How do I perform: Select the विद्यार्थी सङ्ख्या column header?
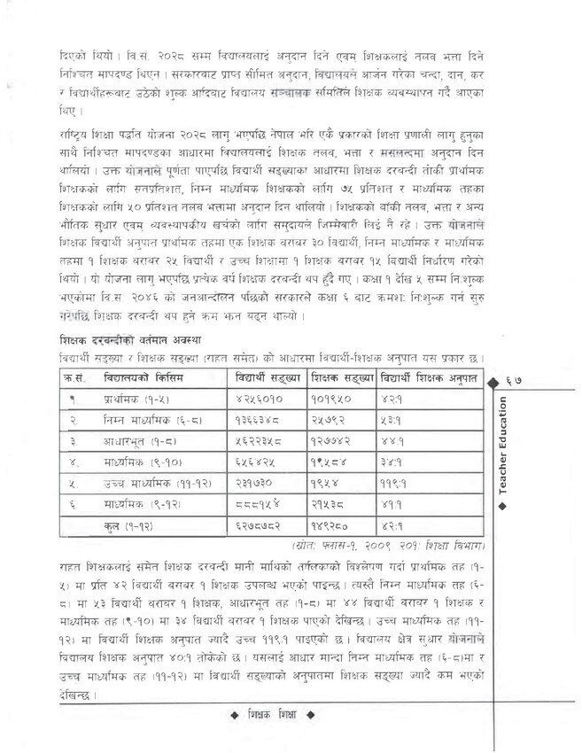pyautogui.click(x=267, y=378)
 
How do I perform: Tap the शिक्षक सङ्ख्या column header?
pyautogui.click(x=341, y=378)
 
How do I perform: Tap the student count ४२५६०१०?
pyautogui.click(x=260, y=400)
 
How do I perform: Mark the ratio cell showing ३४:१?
pyautogui.click(x=393, y=462)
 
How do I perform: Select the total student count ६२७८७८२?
pyautogui.click(x=260, y=526)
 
